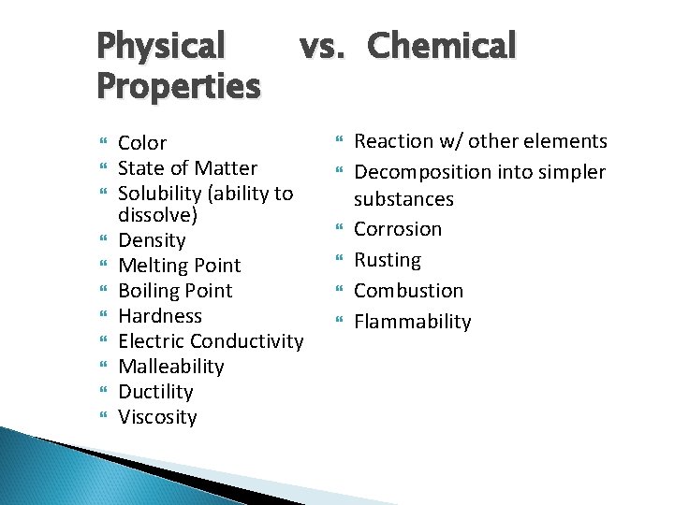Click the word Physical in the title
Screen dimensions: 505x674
click(161, 45)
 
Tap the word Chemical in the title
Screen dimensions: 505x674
click(441, 45)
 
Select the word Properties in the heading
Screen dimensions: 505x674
click(178, 86)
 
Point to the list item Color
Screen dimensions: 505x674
click(142, 143)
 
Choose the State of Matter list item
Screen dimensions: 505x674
click(187, 168)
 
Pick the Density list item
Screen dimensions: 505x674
click(152, 240)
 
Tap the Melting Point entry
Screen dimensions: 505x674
click(179, 266)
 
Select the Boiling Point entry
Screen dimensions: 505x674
click(175, 291)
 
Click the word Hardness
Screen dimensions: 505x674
click(159, 316)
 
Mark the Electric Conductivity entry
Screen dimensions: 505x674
click(211, 341)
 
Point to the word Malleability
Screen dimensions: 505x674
click(171, 367)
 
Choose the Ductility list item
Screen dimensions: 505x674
click(155, 392)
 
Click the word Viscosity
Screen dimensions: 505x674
click(157, 417)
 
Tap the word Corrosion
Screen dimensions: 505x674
click(398, 229)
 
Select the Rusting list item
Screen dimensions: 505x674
click(388, 260)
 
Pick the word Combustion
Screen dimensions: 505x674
click(408, 291)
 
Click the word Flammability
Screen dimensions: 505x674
click(413, 322)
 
